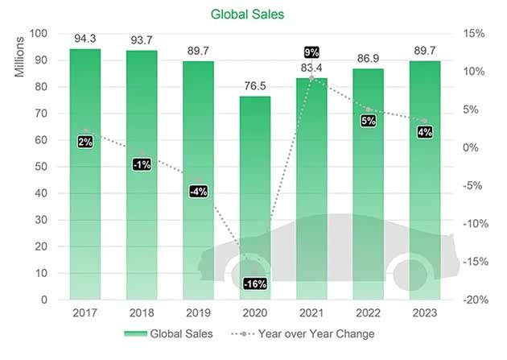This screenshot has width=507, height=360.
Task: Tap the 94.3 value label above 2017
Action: (x=84, y=38)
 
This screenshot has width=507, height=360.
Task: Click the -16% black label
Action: (x=254, y=283)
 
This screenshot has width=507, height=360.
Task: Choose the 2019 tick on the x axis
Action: (x=198, y=311)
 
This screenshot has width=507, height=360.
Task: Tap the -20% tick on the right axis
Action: (x=474, y=300)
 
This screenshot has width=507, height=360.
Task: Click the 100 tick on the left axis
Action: (x=37, y=34)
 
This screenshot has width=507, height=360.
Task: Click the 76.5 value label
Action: (x=254, y=85)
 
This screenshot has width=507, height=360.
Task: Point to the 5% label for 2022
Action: (x=368, y=121)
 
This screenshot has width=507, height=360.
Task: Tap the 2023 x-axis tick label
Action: (x=424, y=311)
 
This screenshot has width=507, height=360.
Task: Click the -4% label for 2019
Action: (x=198, y=192)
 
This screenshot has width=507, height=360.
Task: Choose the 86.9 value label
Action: (x=368, y=58)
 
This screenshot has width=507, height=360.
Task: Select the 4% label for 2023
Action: (x=424, y=131)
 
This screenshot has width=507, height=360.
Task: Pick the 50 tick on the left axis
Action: (x=40, y=167)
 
